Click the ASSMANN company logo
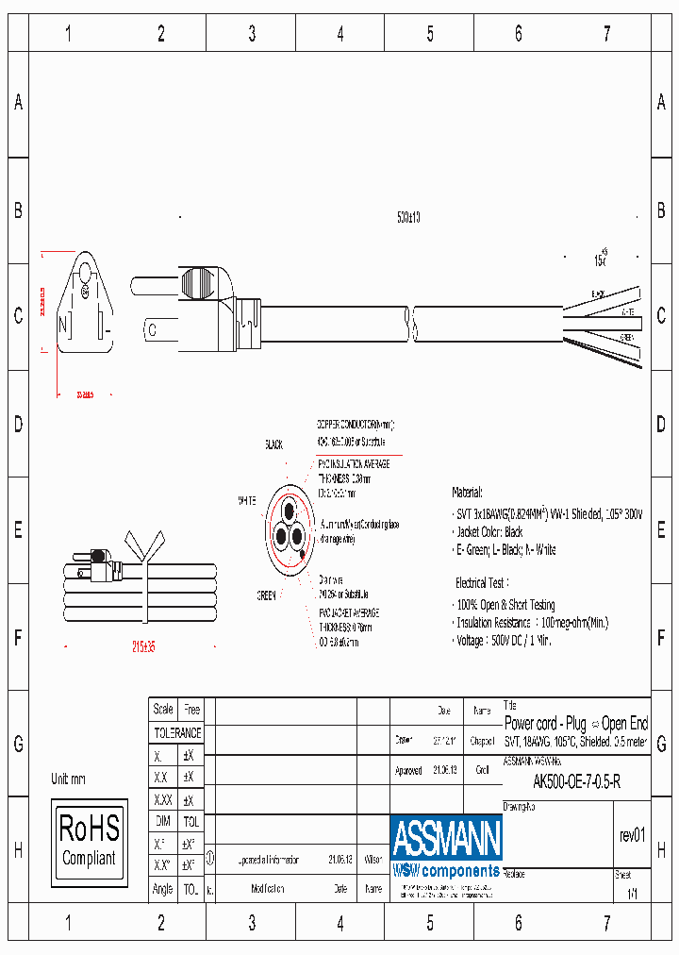[446, 838]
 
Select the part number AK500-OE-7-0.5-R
[576, 782]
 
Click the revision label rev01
[632, 835]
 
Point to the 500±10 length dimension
[408, 217]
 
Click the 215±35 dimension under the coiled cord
[142, 646]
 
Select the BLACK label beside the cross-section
[273, 444]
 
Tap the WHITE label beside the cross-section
[248, 500]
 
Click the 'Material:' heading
[467, 493]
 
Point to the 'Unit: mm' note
[68, 779]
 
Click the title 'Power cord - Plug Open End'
[576, 724]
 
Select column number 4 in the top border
[340, 35]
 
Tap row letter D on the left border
[17, 424]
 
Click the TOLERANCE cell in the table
[177, 732]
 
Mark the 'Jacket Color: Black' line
[489, 532]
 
